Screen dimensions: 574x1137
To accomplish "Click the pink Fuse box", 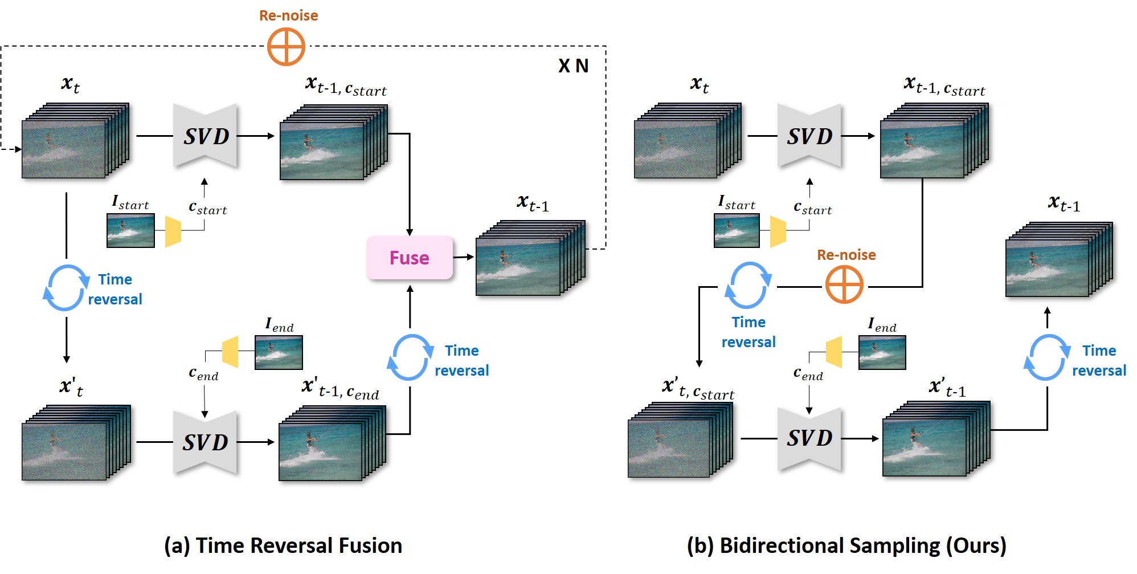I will [x=409, y=258].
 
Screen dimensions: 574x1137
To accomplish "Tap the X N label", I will [x=573, y=66].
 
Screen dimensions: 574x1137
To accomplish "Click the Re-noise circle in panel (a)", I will [x=286, y=47].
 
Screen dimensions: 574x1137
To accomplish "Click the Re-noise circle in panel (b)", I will [x=844, y=284].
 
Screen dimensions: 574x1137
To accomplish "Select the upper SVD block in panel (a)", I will [x=205, y=136].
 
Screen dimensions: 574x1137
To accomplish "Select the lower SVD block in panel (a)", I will [x=205, y=442].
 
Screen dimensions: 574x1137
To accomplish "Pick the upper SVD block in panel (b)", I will [x=809, y=136].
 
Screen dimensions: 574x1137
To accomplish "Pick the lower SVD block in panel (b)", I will [x=809, y=438].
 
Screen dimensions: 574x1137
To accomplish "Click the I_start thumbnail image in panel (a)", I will [x=130, y=230].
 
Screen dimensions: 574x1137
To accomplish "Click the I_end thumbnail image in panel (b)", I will [x=882, y=352].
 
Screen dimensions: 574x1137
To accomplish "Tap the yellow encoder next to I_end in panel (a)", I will [x=230, y=352].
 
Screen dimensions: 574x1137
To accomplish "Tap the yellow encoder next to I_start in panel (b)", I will [x=778, y=231].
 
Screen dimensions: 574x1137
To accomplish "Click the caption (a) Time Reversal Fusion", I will [x=283, y=545].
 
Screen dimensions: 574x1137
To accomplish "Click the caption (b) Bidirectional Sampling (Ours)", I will [x=846, y=545].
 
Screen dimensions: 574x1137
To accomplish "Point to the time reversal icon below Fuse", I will [x=410, y=357].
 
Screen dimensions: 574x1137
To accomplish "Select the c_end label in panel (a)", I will [x=203, y=374].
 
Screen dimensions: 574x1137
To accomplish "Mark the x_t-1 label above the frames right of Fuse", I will [x=533, y=203].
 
